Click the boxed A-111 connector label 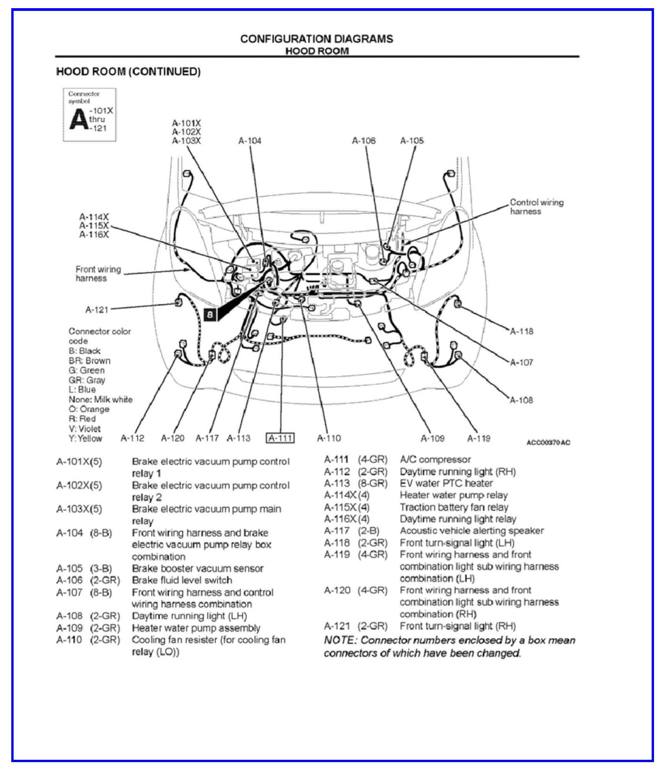(280, 438)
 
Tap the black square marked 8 (210, 314)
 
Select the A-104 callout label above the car (250, 141)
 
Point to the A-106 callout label (364, 141)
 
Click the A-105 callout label (412, 141)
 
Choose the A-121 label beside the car (97, 310)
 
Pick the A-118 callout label (521, 331)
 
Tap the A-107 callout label (521, 362)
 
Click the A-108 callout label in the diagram (521, 400)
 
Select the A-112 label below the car (133, 438)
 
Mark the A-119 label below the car (479, 438)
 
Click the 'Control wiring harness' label (537, 207)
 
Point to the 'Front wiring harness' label (98, 274)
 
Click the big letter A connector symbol (78, 119)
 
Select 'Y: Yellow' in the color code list (85, 438)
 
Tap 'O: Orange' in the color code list (89, 409)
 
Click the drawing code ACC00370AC (548, 442)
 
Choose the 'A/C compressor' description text (435, 460)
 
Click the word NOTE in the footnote (339, 640)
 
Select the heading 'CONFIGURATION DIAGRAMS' (317, 39)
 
